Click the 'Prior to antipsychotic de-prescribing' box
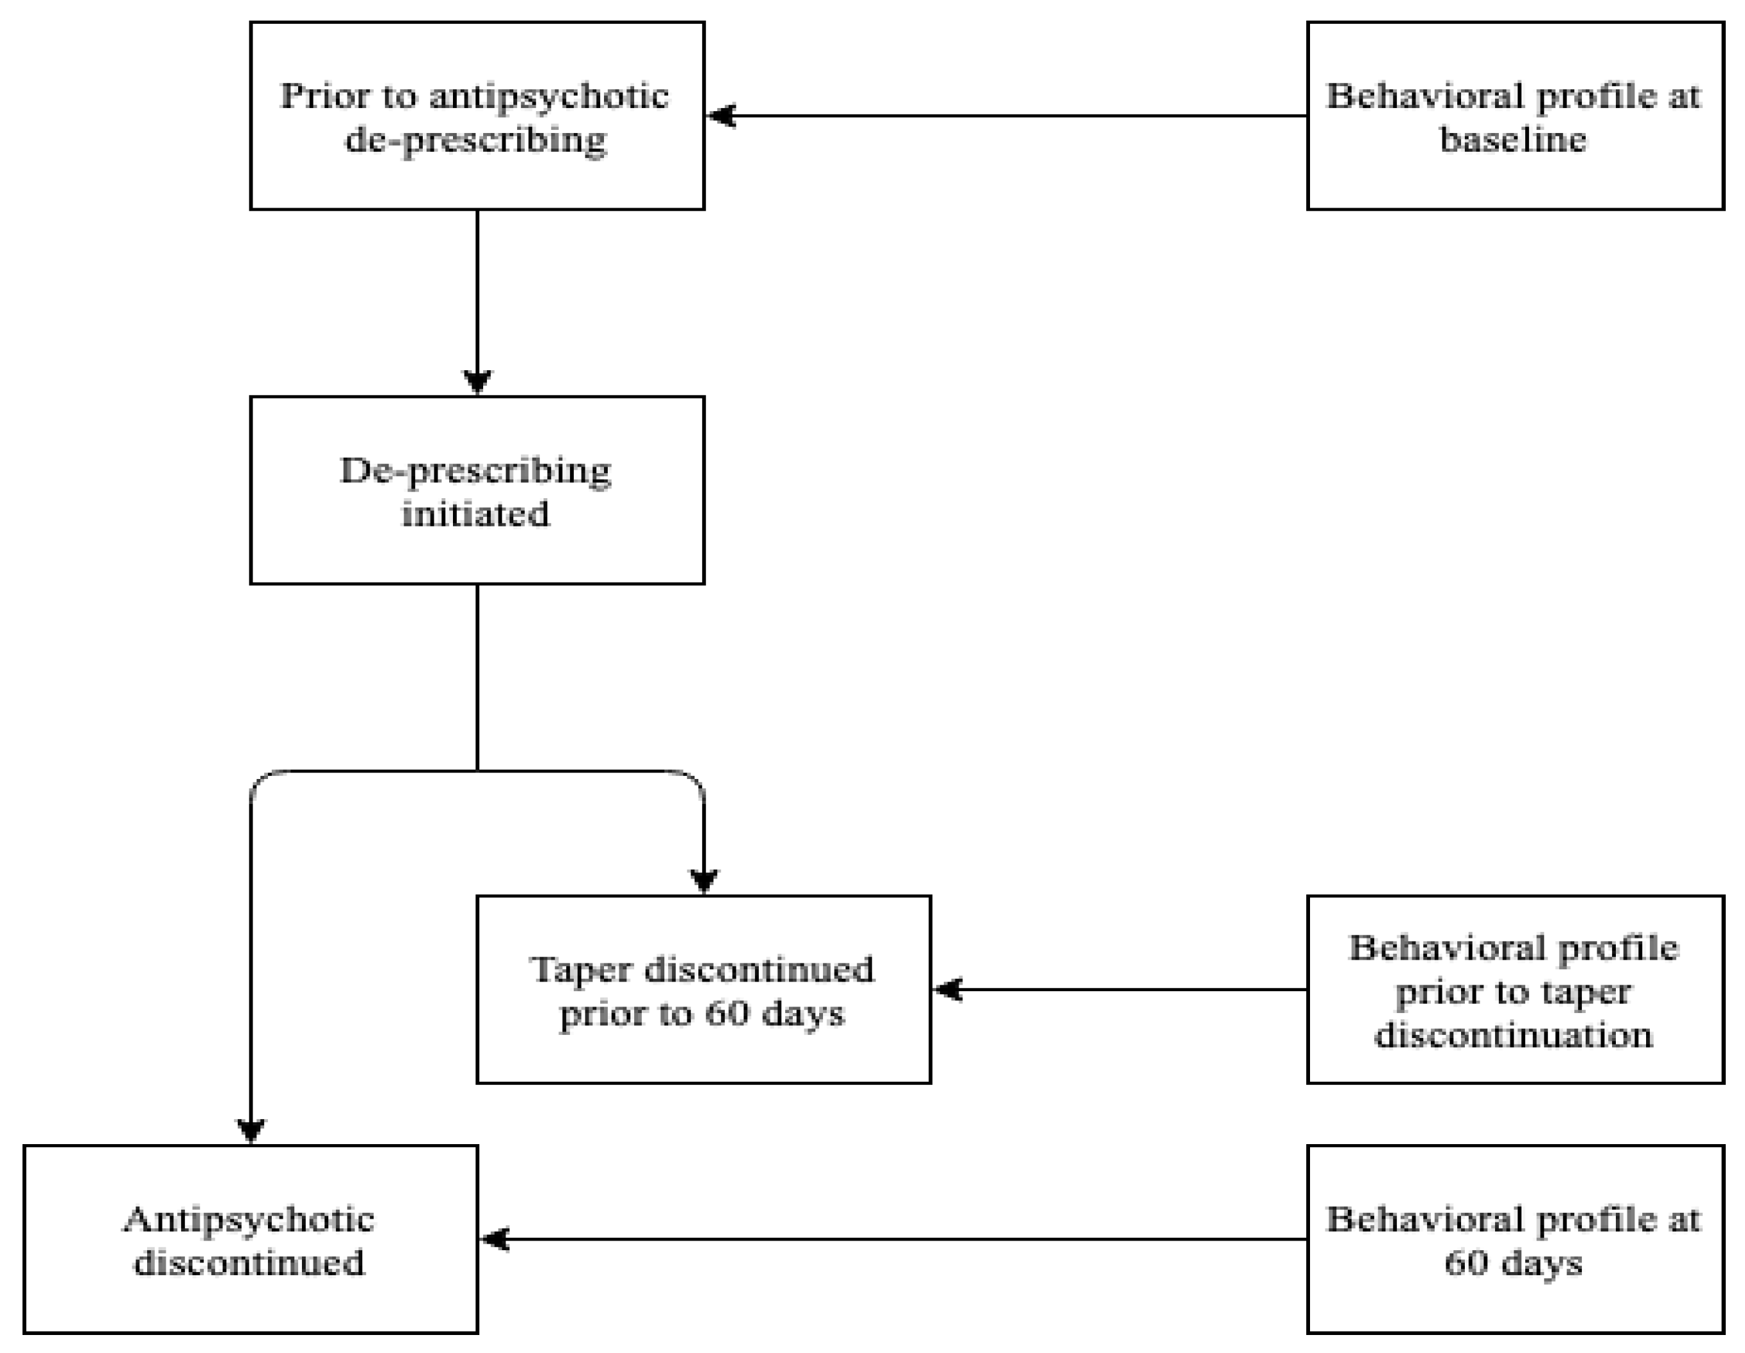(477, 116)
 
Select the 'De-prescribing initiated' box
(477, 490)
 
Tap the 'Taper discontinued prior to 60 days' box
(703, 989)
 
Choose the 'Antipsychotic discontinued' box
(250, 1239)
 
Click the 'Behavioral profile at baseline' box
(1514, 116)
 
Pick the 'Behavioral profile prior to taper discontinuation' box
(1514, 989)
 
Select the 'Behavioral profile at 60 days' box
(1514, 1239)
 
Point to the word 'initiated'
(475, 513)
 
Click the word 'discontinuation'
(1513, 1035)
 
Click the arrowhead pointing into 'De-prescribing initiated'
(477, 381)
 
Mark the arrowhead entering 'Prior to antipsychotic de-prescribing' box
(722, 116)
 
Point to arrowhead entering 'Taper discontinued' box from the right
(948, 989)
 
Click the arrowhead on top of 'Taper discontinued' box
(703, 881)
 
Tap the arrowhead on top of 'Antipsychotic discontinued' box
(251, 1130)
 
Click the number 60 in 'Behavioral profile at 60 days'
(1466, 1264)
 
